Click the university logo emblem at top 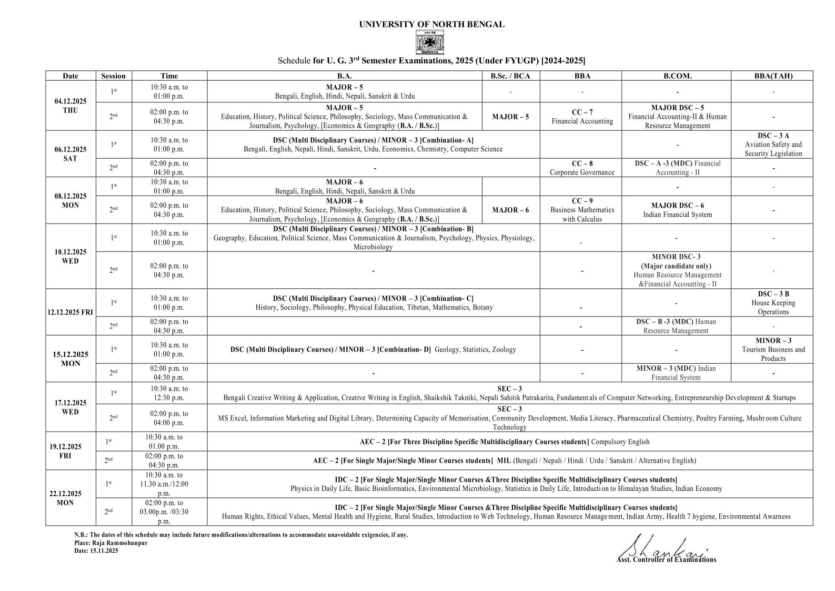(430, 42)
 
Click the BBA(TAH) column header (773, 76)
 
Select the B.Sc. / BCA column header (510, 76)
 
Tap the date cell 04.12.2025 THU (70, 106)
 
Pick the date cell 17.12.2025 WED (70, 408)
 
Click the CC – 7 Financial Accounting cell (582, 117)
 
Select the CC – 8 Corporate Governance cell (582, 168)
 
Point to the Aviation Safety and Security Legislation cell (773, 144)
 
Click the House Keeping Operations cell (773, 303)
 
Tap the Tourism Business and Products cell (773, 349)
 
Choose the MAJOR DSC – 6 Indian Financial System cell (677, 210)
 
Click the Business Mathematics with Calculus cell (582, 210)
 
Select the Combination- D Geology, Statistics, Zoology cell (373, 349)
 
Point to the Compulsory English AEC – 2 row (504, 442)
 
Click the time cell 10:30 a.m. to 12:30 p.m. (169, 393)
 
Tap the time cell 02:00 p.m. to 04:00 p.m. (169, 418)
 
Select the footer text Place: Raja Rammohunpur (111, 543)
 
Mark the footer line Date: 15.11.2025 (96, 551)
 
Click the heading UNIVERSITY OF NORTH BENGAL (432, 24)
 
